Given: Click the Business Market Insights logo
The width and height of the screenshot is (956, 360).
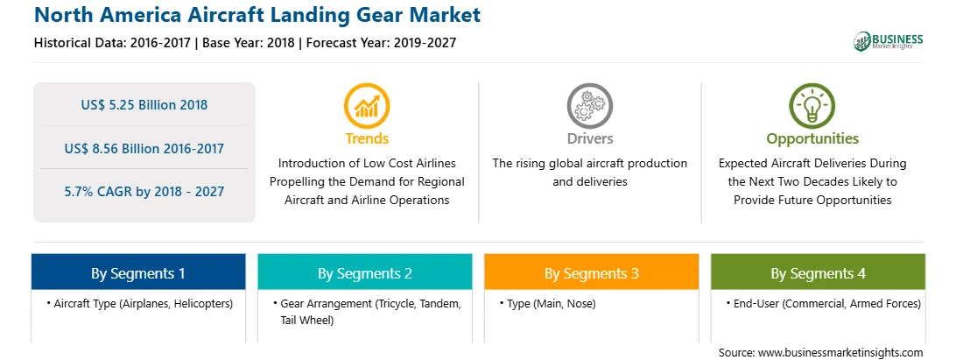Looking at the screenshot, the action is pos(888,41).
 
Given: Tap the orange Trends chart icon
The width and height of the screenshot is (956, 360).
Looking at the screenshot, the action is pos(367,105).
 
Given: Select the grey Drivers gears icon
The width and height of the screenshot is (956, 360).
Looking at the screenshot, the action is pos(589,105).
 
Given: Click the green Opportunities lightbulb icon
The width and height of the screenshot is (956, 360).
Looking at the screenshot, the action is pos(812,105).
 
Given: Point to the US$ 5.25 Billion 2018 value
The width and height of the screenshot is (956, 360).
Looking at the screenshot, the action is pos(144,105).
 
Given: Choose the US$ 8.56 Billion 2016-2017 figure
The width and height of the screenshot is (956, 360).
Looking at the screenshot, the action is pos(144,148).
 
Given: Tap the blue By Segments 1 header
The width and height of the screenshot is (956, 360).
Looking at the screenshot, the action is pos(138,272).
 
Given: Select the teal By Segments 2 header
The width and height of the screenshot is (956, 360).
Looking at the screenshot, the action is pos(364,272).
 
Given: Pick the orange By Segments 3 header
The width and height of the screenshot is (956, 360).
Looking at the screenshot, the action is pos(592,272).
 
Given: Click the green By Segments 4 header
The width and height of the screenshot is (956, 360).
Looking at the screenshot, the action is pos(819,272).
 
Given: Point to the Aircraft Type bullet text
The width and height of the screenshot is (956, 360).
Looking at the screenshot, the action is pos(139,303).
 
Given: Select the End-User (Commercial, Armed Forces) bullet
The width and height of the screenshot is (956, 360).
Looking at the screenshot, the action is pos(823,303).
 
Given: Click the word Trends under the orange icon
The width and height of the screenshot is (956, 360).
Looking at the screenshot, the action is pos(367,138).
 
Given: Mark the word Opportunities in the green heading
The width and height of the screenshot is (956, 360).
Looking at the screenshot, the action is pos(812,138).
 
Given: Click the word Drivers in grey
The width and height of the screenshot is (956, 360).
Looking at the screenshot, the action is pos(590,138).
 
